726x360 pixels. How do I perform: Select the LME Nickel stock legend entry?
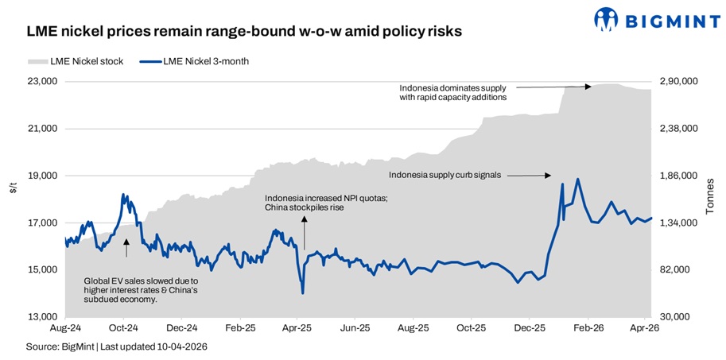click(76, 61)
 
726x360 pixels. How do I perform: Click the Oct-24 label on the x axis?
click(123, 327)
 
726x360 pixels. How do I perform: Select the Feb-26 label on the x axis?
click(588, 327)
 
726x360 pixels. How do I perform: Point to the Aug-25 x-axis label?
click(413, 327)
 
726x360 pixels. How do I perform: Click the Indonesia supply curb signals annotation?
click(445, 175)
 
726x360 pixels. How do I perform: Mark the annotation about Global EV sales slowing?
click(142, 290)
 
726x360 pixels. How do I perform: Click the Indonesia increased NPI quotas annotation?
click(326, 203)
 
